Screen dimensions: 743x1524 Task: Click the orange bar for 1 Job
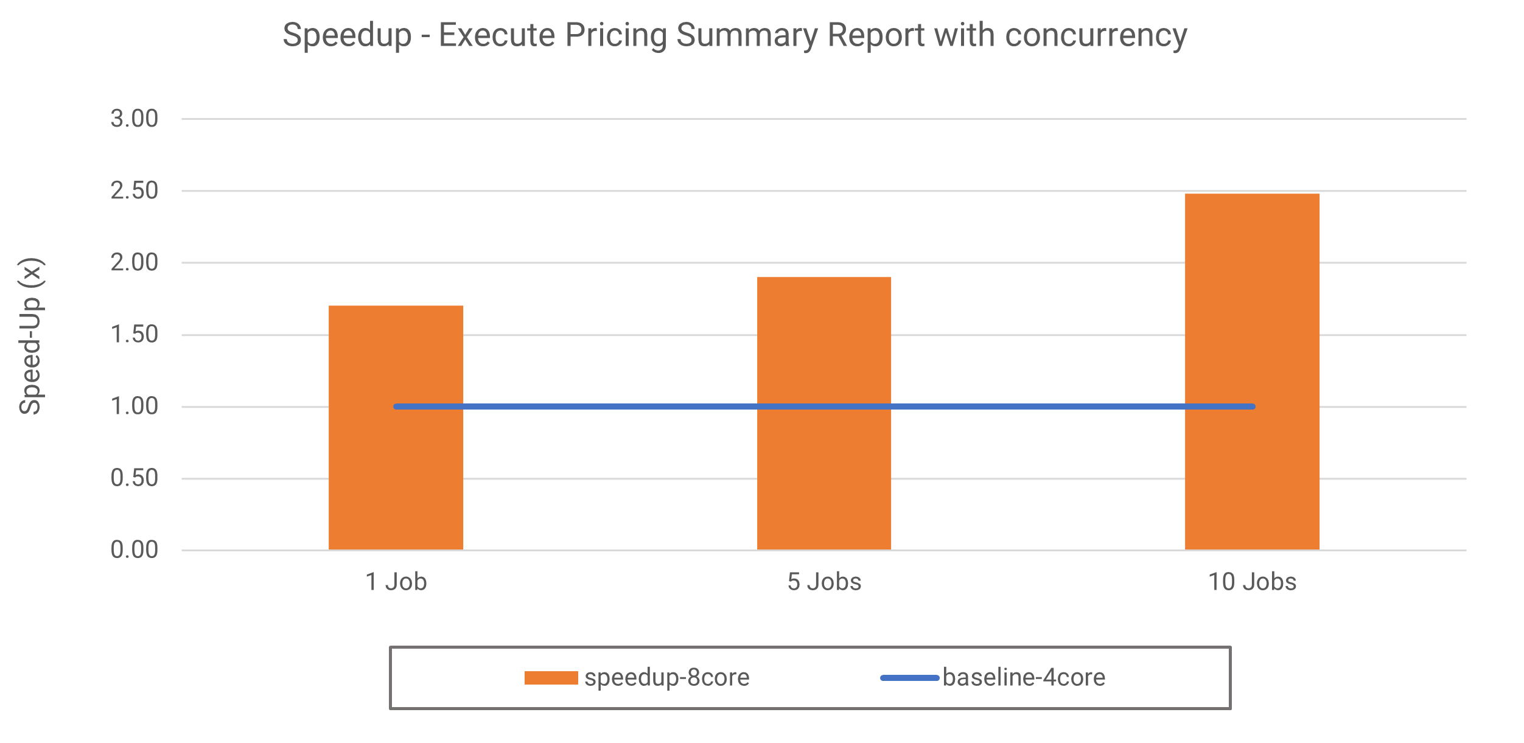[396, 481]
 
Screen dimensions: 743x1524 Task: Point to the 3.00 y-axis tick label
[134, 119]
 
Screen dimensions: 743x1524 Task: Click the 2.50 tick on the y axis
[134, 190]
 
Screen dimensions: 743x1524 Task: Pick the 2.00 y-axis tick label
[134, 262]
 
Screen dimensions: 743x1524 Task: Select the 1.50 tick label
[134, 334]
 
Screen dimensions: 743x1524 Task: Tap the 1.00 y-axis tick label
[134, 406]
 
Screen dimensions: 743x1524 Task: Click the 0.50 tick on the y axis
[134, 478]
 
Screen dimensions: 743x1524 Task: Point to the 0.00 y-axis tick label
[134, 549]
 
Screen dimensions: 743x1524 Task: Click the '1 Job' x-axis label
[396, 582]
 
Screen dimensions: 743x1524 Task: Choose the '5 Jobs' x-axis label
[824, 582]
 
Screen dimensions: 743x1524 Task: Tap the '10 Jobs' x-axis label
[1252, 582]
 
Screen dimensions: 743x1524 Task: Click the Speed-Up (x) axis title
[30, 336]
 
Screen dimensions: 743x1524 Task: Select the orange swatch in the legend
[551, 678]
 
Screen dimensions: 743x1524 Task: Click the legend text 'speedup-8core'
[666, 678]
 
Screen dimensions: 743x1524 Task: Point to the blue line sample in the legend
[909, 678]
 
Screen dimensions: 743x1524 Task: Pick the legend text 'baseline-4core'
[1024, 678]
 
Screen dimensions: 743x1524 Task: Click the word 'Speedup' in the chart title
[347, 35]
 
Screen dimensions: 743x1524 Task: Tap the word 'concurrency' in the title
[1096, 35]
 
